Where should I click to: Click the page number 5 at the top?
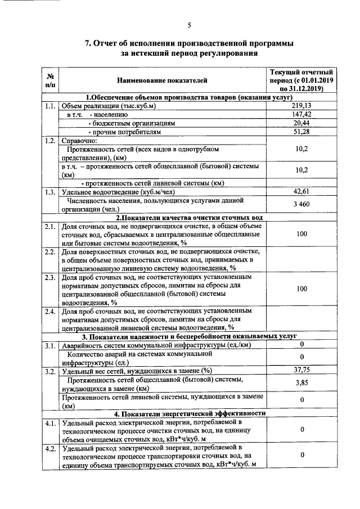[x=190, y=25]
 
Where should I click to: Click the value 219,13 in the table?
[x=301, y=105]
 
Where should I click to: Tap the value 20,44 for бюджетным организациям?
[x=301, y=123]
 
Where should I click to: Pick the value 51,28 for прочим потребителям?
[x=301, y=131]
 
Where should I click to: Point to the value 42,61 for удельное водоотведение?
[x=301, y=191]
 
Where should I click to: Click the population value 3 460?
[x=301, y=204]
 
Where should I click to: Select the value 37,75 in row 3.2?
[x=301, y=370]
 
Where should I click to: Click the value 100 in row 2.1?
[x=301, y=233]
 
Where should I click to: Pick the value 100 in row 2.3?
[x=301, y=289]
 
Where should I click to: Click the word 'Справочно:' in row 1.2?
[x=79, y=141]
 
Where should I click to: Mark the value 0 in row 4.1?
[x=301, y=430]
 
